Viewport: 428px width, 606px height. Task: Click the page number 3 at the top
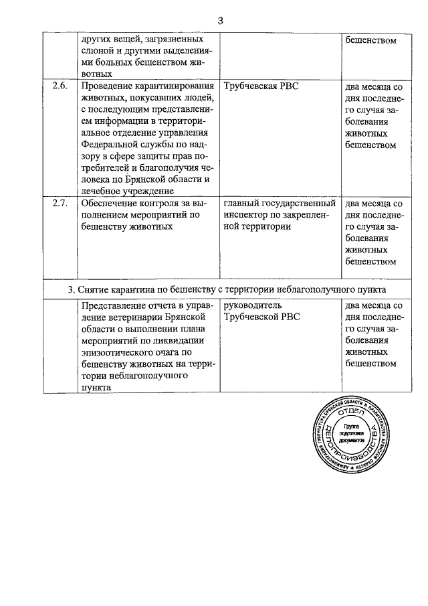(x=219, y=20)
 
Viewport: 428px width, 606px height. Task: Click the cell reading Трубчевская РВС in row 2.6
(x=261, y=86)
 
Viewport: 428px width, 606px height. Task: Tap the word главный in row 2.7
(x=243, y=203)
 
